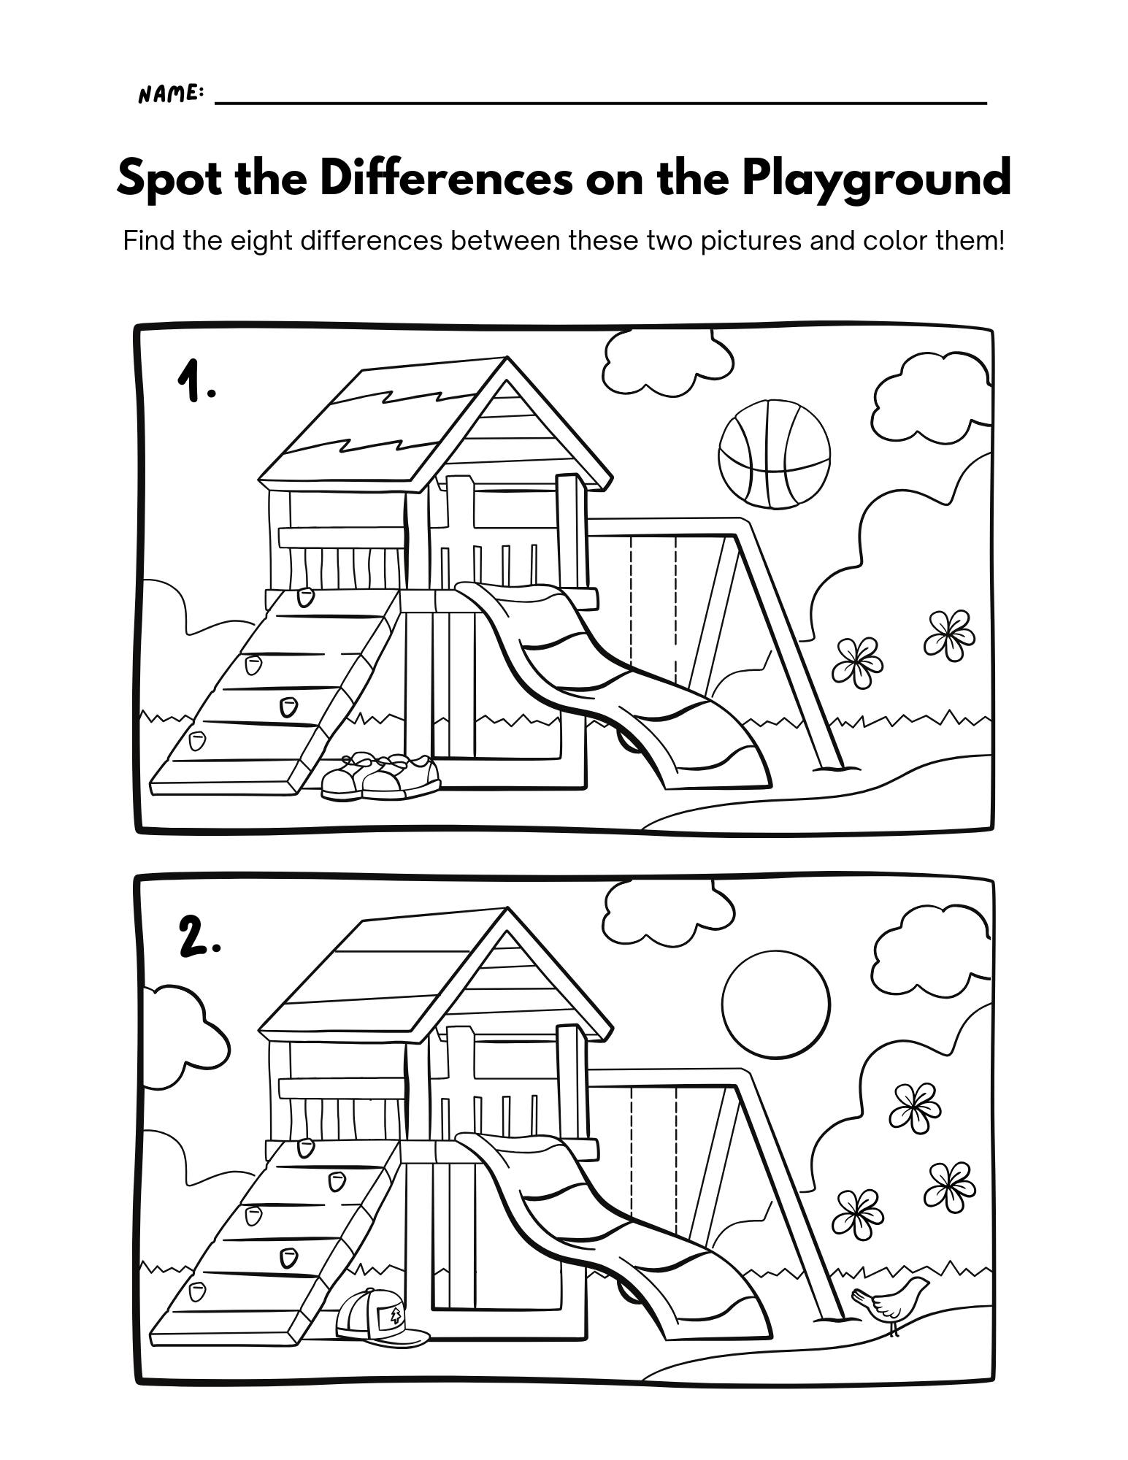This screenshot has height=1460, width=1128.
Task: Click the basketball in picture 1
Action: [x=775, y=453]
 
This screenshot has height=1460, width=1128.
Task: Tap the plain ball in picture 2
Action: [x=776, y=1002]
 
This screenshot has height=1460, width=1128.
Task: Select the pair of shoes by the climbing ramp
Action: [x=380, y=776]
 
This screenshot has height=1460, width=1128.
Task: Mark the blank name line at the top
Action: [x=601, y=103]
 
